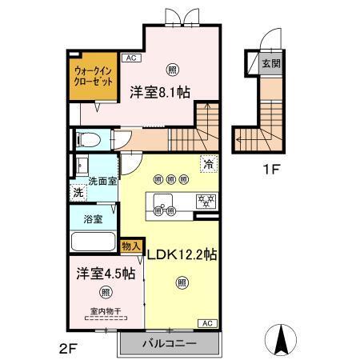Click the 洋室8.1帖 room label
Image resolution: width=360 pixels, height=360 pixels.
[160, 92]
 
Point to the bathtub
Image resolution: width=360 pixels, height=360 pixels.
[93, 241]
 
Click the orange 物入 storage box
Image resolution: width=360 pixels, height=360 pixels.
[131, 246]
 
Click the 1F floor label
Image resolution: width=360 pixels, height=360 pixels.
[272, 170]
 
